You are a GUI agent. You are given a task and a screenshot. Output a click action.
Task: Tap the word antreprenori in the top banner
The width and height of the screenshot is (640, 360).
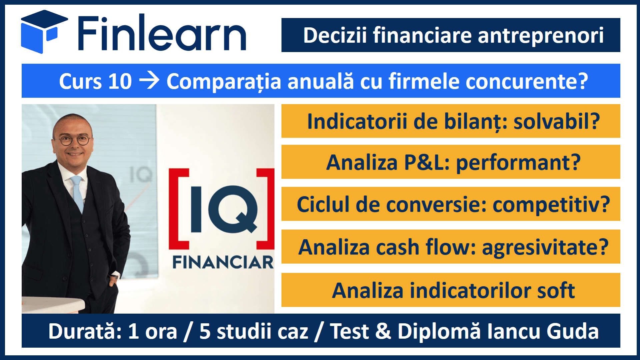tap(541, 36)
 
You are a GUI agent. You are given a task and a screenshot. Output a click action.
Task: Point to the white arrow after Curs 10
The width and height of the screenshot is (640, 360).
tap(149, 81)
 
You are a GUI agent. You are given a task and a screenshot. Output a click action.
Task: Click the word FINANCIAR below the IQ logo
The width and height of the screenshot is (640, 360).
tap(223, 262)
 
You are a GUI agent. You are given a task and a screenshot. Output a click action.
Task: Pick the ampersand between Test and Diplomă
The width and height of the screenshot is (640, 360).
tap(383, 331)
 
